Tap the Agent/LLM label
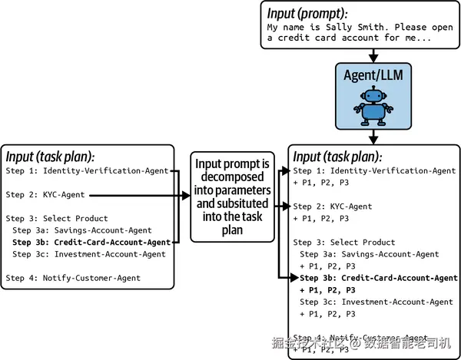click(373, 75)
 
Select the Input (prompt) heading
click(306, 12)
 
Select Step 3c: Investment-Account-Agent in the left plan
click(89, 254)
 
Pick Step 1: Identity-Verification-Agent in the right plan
click(374, 170)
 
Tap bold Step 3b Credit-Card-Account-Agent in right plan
click(378, 278)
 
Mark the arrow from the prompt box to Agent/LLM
click(373, 55)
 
